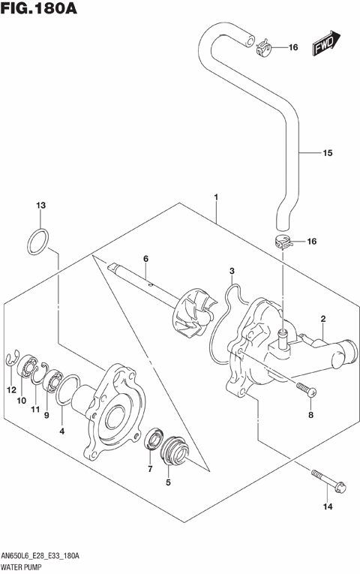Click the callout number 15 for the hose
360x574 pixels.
pyautogui.click(x=327, y=154)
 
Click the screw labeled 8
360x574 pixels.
pyautogui.click(x=307, y=389)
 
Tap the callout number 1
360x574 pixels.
pyautogui.click(x=216, y=198)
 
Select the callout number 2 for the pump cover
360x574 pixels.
pyautogui.click(x=322, y=319)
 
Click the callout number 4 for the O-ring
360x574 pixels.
pyautogui.click(x=61, y=431)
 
